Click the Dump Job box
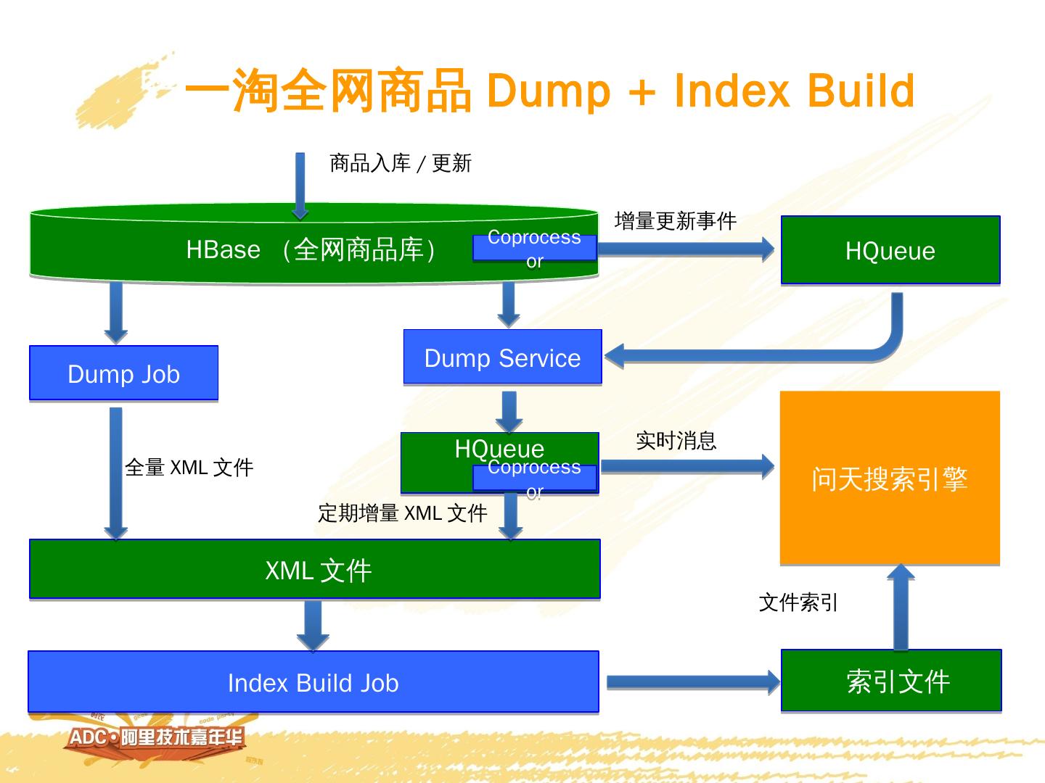point(123,373)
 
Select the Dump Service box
point(502,357)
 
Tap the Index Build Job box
point(313,682)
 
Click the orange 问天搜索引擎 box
point(890,478)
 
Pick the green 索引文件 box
point(891,681)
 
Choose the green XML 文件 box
point(315,570)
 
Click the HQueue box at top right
point(890,250)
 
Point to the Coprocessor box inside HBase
point(534,248)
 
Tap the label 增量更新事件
point(675,220)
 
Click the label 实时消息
point(676,440)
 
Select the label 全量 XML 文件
point(189,468)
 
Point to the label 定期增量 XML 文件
point(402,513)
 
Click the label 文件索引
point(798,602)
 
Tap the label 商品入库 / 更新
point(401,163)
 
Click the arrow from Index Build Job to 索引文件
point(692,682)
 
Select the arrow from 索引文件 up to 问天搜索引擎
point(901,608)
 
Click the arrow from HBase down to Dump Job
point(115,312)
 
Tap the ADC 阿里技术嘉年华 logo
point(157,738)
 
